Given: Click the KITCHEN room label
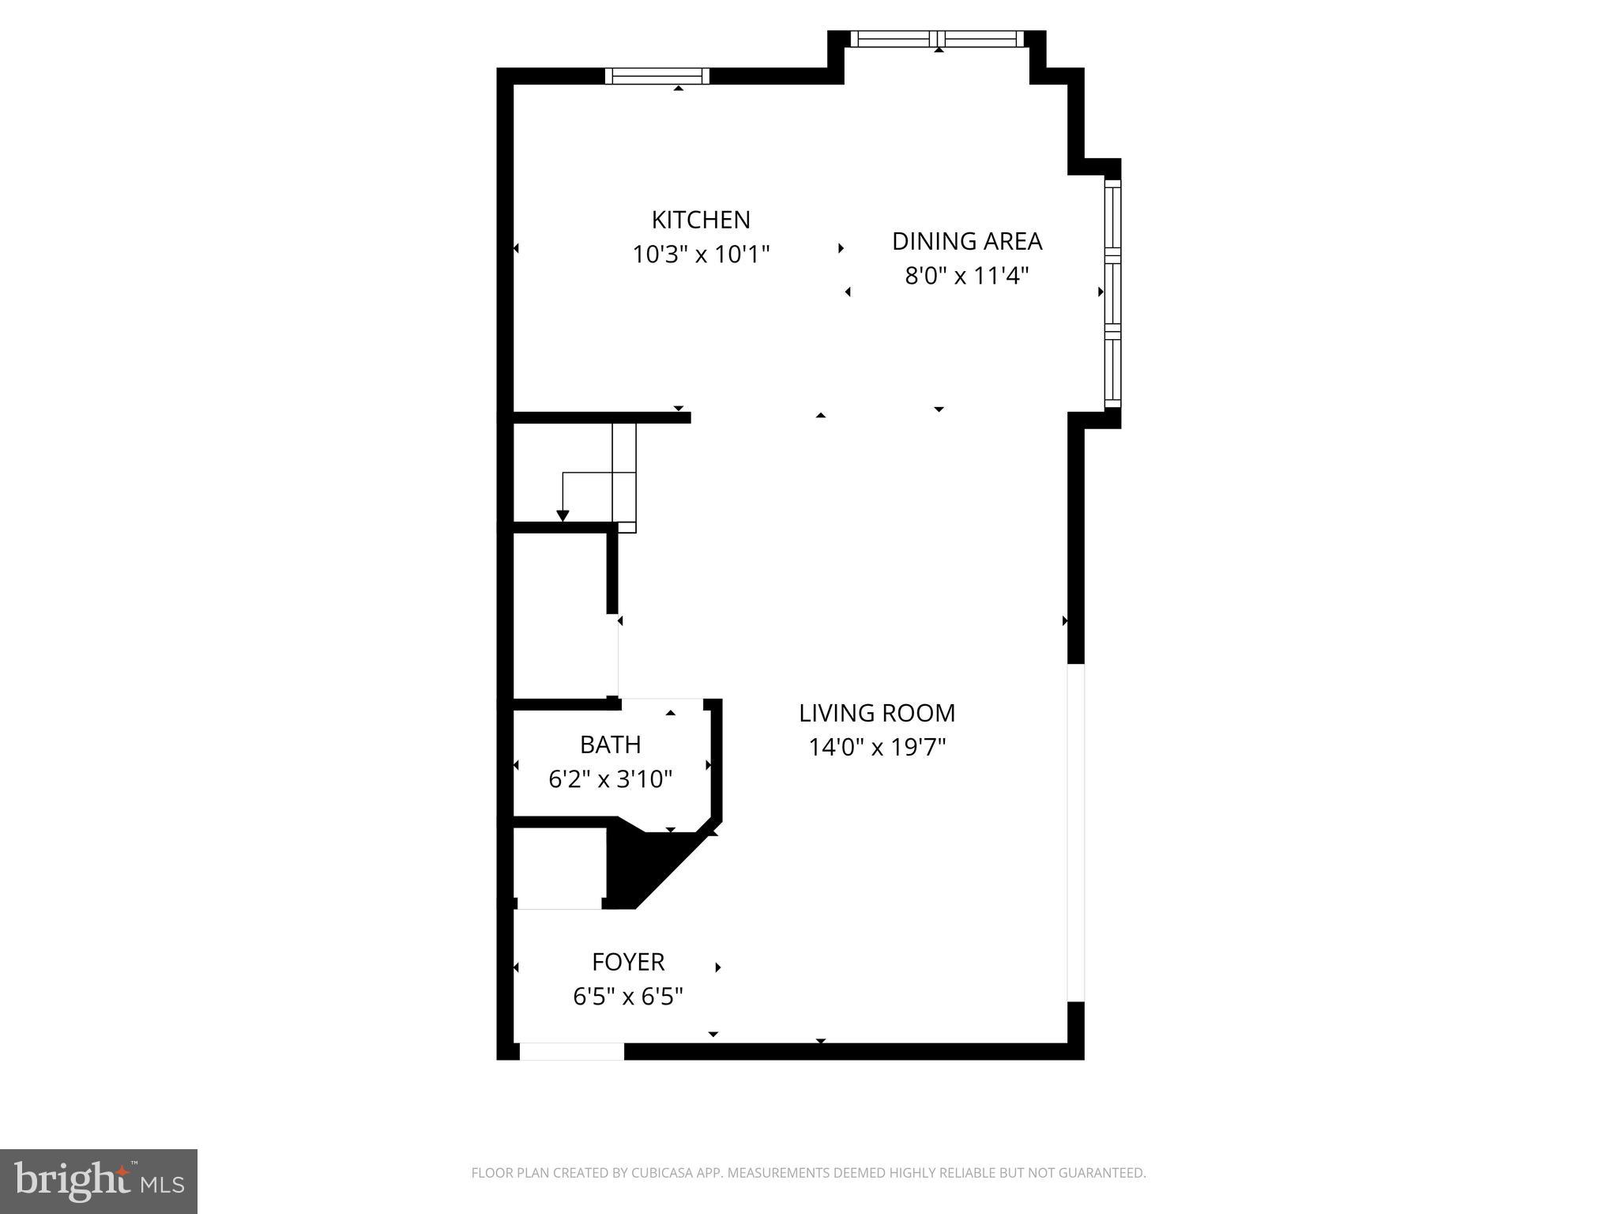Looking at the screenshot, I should coord(701,219).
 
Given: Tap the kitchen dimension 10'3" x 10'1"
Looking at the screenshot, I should coord(701,254).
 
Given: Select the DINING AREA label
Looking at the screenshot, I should coord(967,241).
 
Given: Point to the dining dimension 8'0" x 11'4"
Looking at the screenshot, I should coord(967,276).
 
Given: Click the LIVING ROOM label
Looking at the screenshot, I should coord(877,713).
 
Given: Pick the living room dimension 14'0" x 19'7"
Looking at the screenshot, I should coord(877,747).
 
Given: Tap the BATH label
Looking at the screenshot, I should coord(610,745).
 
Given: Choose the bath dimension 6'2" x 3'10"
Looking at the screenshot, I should coord(610,779).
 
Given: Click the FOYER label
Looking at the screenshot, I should coord(628,962).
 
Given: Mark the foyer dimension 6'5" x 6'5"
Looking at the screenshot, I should coord(628,997).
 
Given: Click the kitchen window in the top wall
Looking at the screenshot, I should coord(657,76).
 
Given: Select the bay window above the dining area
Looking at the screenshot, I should coord(937,39).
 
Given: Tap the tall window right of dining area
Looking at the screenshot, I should coord(1112,293).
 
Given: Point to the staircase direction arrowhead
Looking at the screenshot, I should coord(563,516).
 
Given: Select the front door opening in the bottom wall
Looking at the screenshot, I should coord(571,1051).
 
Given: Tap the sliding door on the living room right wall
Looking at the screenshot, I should coord(1076,832).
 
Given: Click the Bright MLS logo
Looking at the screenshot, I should coord(99,1181).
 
